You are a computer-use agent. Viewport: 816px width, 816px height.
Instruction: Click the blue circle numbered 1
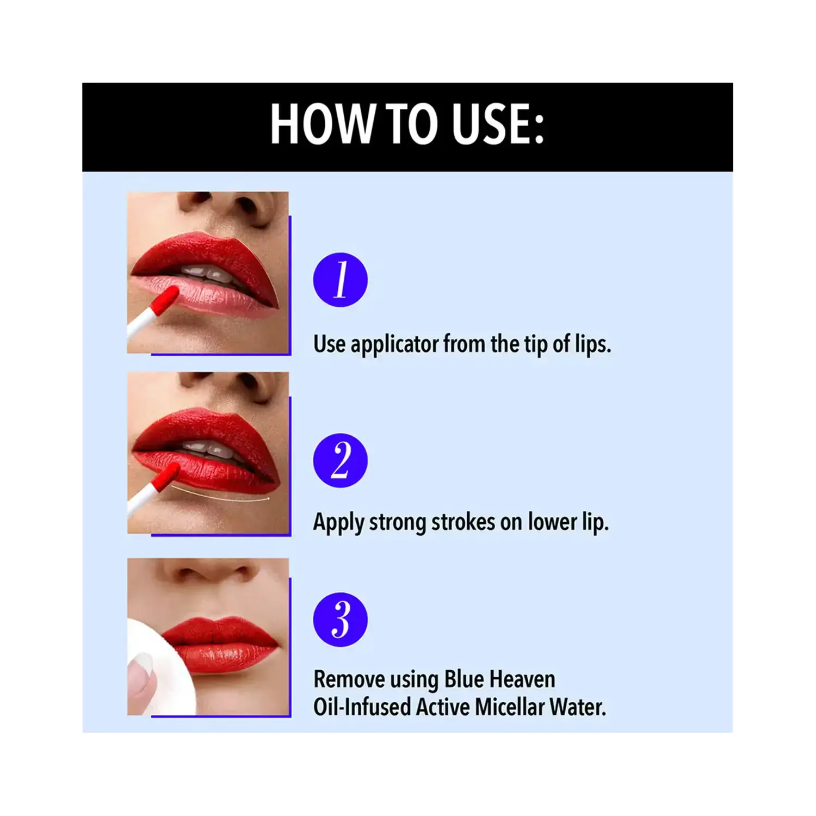(341, 280)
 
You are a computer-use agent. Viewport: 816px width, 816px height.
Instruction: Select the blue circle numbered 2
(341, 460)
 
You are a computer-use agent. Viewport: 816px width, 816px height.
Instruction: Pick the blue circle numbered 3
(341, 619)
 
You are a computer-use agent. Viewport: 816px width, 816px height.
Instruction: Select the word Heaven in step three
(522, 679)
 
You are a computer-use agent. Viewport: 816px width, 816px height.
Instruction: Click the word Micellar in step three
(509, 707)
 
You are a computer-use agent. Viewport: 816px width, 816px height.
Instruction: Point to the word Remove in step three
(349, 679)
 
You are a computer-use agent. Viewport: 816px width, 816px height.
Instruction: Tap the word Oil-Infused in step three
(362, 707)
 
